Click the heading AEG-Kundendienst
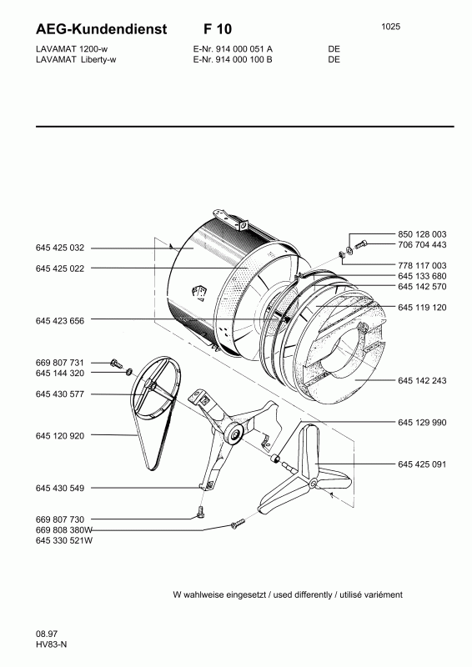[101, 29]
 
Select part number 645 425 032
[60, 248]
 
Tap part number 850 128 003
[422, 234]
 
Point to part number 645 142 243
[422, 381]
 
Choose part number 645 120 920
[60, 436]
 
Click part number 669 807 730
[60, 519]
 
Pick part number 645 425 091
[422, 464]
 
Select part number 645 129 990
[422, 423]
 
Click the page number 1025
[391, 27]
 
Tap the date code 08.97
[47, 634]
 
